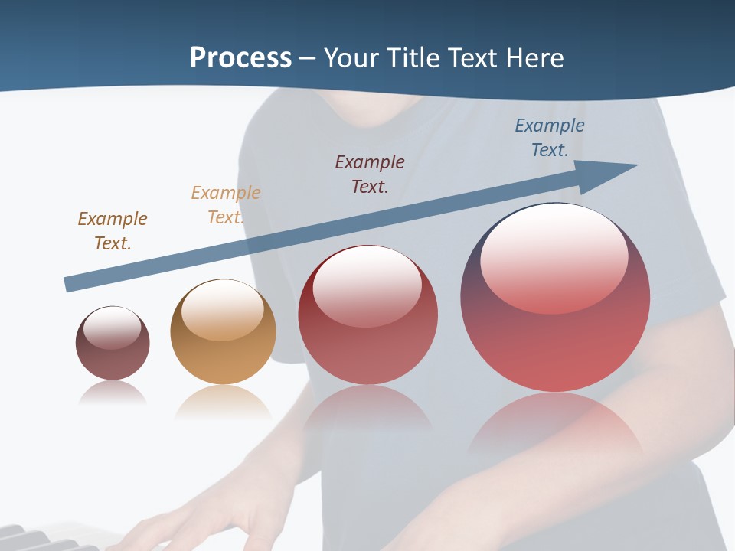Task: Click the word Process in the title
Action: coord(240,58)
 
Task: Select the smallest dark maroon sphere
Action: coord(113,344)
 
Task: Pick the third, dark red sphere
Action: coord(367,315)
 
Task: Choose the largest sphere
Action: coord(555,298)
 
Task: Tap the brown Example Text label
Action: coord(113,230)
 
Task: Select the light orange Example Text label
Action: coord(225,204)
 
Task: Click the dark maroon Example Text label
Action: coord(370,174)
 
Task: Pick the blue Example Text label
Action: coord(549,137)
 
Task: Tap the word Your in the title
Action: coord(354,58)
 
